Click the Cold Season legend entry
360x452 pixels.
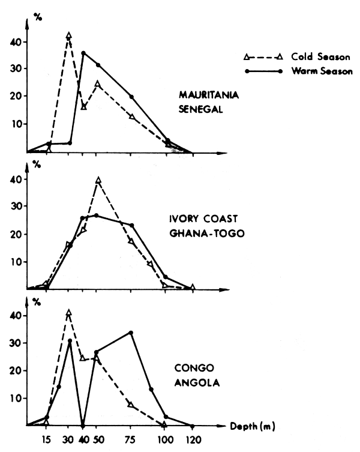click(x=321, y=57)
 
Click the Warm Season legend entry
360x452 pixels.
click(x=321, y=70)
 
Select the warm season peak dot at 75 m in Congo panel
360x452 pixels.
click(x=131, y=333)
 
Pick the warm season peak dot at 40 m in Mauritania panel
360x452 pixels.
click(x=83, y=53)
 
